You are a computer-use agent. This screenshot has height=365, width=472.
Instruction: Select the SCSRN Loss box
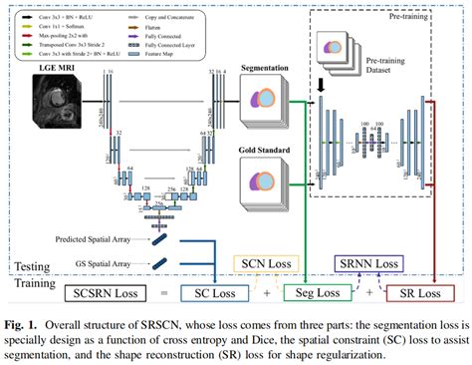point(103,294)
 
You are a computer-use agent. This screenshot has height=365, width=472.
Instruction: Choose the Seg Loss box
point(317,293)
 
